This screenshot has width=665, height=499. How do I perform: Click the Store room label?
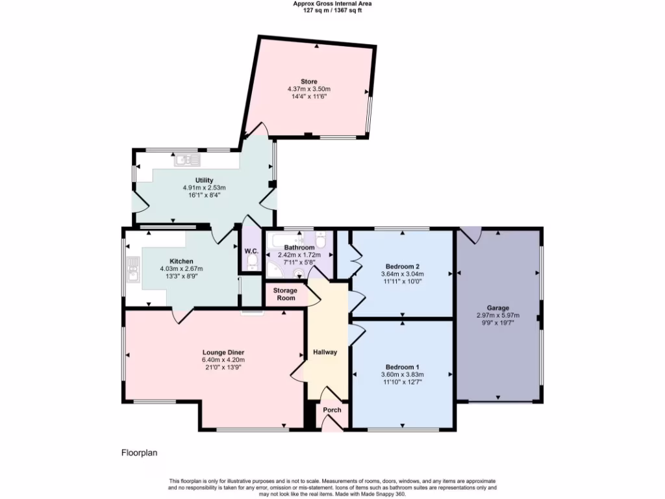309,81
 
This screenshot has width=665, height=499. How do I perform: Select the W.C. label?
251,251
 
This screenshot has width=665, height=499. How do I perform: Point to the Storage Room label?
285,294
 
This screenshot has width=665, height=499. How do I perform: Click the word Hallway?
325,352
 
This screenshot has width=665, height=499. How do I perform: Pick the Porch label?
332,410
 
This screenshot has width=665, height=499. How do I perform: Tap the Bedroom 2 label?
402,266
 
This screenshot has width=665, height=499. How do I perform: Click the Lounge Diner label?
223,352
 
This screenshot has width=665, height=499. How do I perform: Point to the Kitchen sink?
134,269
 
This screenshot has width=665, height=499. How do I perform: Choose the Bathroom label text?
299,248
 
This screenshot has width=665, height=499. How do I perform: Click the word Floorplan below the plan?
140,453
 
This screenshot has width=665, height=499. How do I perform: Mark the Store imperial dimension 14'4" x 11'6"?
309,96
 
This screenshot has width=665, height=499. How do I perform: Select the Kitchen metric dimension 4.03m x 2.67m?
181,269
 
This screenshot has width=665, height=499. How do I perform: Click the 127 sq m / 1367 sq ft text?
332,10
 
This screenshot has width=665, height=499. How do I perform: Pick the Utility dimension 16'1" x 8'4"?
204,195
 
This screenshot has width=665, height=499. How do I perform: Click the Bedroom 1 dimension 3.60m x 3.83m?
402,374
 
